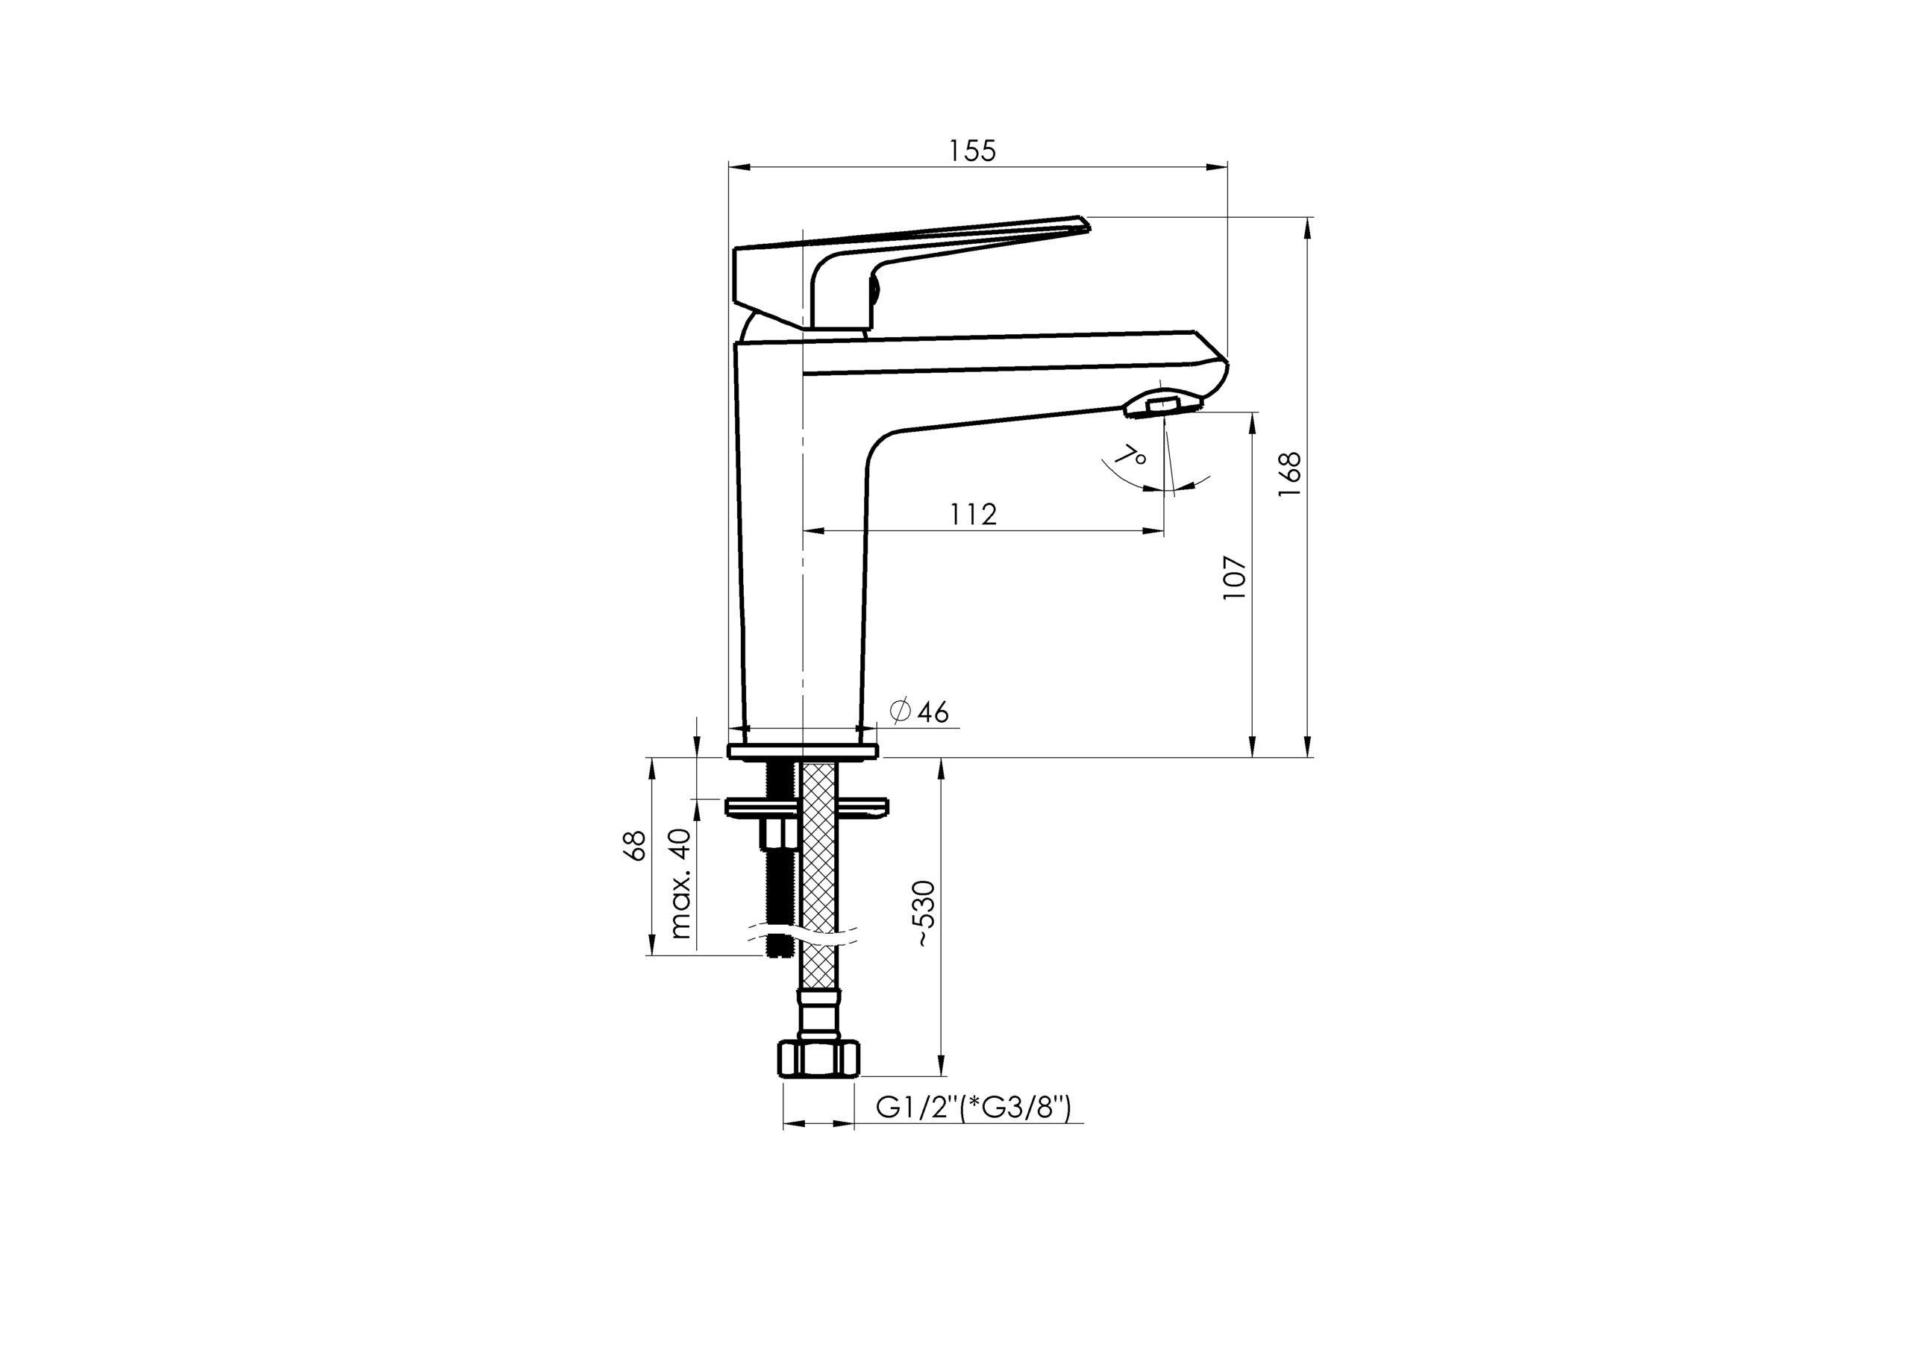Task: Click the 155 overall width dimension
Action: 972,151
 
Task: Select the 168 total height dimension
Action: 1289,475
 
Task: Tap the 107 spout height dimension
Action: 1236,578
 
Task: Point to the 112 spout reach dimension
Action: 974,514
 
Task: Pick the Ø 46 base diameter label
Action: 918,712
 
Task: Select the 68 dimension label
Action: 635,846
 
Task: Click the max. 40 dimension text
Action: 680,883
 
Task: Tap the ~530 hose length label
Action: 926,914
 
